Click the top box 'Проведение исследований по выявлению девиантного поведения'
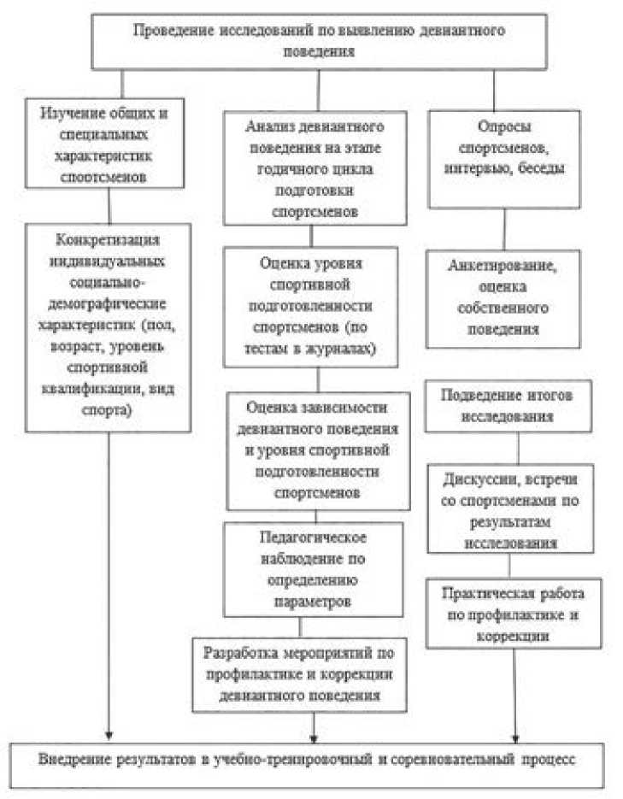point(318,41)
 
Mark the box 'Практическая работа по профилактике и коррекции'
point(515,613)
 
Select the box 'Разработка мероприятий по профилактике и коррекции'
point(309,674)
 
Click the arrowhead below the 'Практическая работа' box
point(515,733)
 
